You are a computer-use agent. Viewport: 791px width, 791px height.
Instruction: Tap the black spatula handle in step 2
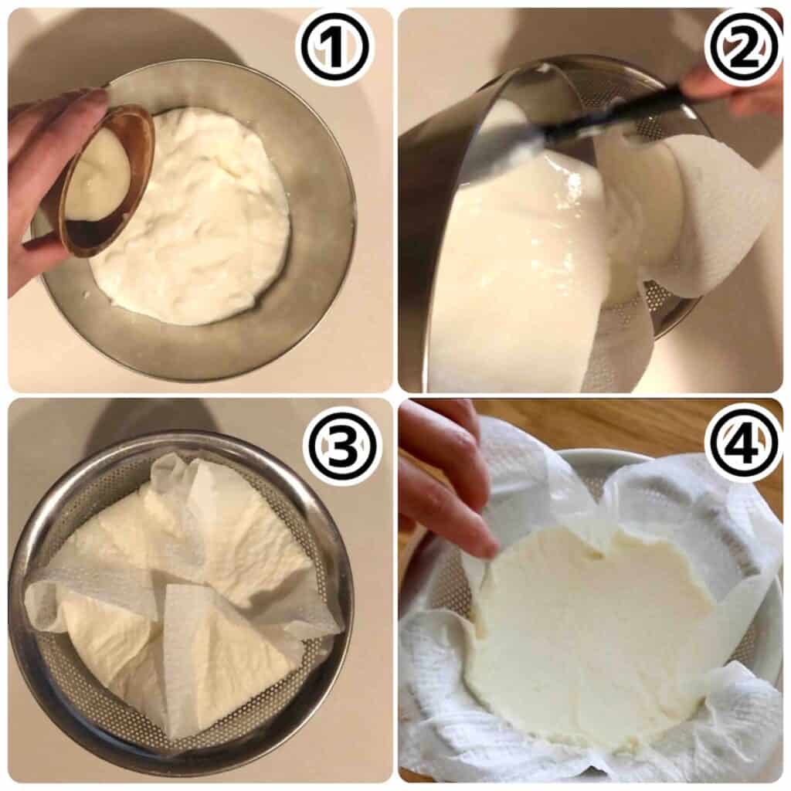point(618,116)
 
